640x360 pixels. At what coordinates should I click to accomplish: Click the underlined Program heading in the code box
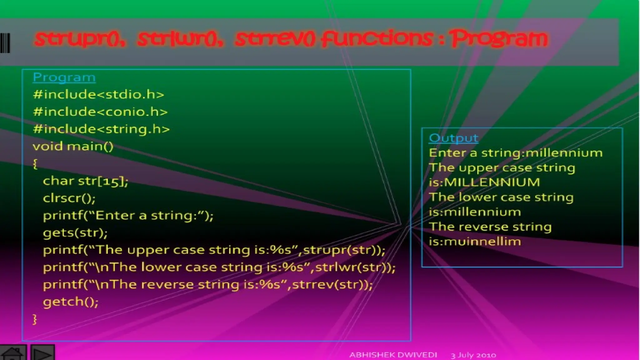[x=64, y=77]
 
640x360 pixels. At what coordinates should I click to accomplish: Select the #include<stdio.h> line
[x=98, y=94]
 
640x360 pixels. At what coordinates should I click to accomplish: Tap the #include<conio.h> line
[x=100, y=112]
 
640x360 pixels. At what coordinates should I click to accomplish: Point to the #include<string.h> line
[x=101, y=129]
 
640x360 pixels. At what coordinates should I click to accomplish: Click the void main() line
[x=73, y=146]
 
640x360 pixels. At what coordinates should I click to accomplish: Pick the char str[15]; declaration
[x=86, y=181]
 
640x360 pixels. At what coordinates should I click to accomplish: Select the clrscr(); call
[x=69, y=198]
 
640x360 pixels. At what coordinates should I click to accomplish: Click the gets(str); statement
[x=75, y=233]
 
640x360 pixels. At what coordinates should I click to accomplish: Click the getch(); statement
[x=71, y=302]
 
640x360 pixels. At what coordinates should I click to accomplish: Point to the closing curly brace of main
[x=35, y=319]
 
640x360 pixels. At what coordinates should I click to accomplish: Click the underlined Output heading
[x=453, y=138]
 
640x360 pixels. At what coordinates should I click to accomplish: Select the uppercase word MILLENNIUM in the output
[x=492, y=182]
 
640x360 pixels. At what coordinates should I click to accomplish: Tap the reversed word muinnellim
[x=482, y=242]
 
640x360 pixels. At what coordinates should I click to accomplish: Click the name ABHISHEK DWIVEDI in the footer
[x=393, y=355]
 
